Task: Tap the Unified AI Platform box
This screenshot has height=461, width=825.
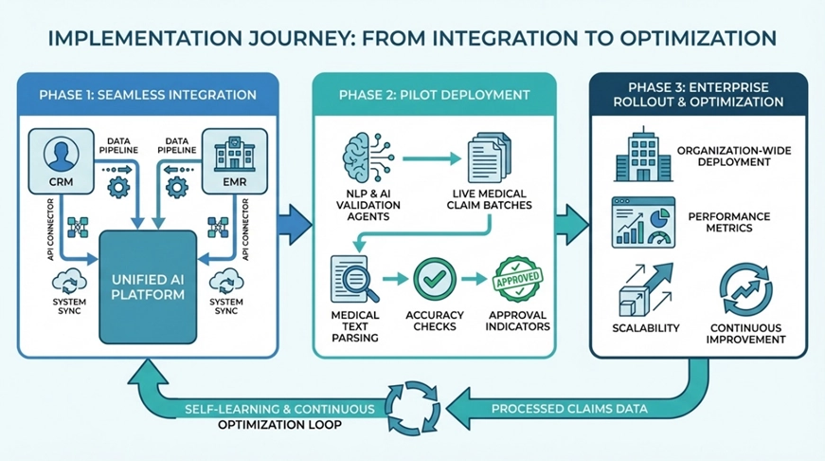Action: click(x=147, y=285)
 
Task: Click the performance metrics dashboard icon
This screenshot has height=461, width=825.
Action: click(x=642, y=221)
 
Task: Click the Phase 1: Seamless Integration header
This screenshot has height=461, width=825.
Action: click(x=148, y=95)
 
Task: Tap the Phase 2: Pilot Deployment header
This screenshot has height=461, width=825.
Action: click(x=434, y=95)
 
